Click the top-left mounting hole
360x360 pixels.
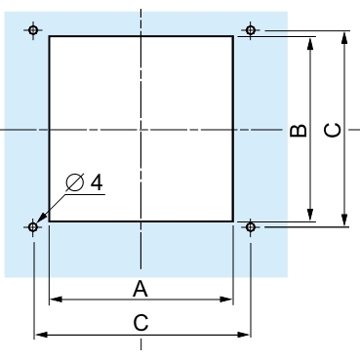[x=33, y=30]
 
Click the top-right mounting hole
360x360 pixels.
[x=250, y=30]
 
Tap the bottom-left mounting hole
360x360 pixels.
[x=33, y=226]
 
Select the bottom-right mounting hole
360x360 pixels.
[x=250, y=226]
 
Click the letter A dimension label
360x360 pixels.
[x=140, y=289]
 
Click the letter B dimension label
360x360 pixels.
[x=299, y=131]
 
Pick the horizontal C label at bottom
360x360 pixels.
[x=140, y=323]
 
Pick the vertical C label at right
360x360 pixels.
[x=333, y=130]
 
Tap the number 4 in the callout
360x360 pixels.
[x=97, y=182]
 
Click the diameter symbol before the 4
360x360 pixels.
[x=75, y=182]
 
